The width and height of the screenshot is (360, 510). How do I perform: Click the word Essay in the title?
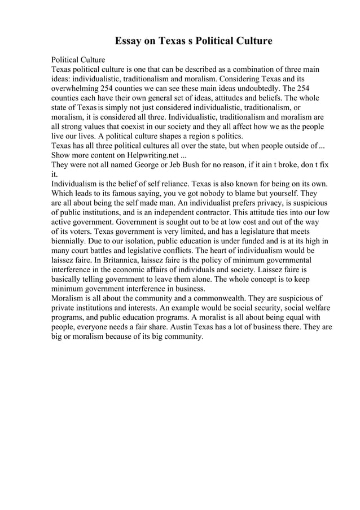[129, 41]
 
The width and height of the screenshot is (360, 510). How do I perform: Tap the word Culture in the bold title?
[251, 41]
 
